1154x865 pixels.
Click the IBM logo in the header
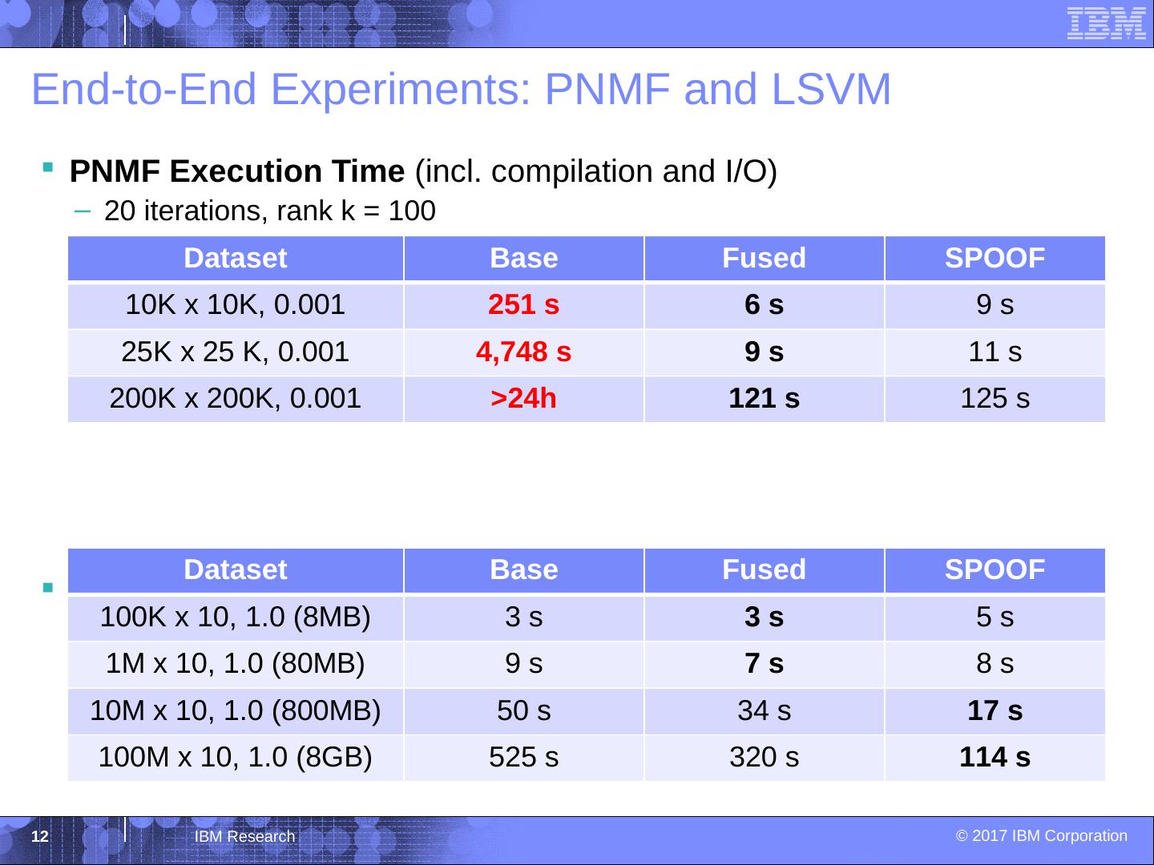coord(1106,22)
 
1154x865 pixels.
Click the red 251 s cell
coord(523,305)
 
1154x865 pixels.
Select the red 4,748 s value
coord(523,352)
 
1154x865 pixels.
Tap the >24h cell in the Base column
coord(523,398)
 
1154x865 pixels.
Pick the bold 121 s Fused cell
coord(764,398)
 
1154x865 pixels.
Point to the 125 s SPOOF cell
coord(995,398)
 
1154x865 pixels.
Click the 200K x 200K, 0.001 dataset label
coord(235,398)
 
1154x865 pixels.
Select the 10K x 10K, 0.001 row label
coord(235,305)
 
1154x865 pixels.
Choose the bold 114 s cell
coord(995,757)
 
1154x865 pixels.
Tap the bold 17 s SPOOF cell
coord(995,710)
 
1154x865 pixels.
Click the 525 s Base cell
coord(523,757)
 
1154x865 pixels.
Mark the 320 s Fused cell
coord(764,757)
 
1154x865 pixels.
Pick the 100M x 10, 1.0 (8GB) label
coord(235,757)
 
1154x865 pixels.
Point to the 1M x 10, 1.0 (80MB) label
coord(235,664)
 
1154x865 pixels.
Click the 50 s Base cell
coord(523,710)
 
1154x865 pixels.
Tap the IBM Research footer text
coord(244,837)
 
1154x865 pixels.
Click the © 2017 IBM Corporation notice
coord(1041,836)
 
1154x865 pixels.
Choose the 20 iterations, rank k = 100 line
coord(269,212)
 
